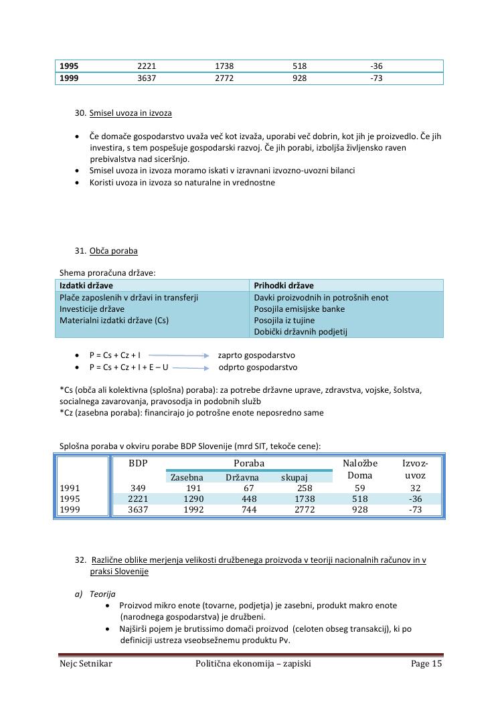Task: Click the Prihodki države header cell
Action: [x=284, y=285]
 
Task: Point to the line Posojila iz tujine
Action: [x=289, y=320]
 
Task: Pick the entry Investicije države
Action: [x=92, y=308]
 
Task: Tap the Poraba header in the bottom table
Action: [x=249, y=463]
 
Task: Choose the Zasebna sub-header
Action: [x=187, y=477]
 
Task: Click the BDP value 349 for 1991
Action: [x=138, y=488]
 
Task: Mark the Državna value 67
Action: [x=248, y=488]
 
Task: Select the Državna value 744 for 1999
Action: [x=249, y=509]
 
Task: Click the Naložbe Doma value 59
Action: [x=360, y=488]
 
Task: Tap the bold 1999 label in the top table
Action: [x=69, y=78]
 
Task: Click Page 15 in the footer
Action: [x=426, y=664]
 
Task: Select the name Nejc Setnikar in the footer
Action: [x=86, y=664]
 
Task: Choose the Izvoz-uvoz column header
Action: [x=415, y=468]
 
